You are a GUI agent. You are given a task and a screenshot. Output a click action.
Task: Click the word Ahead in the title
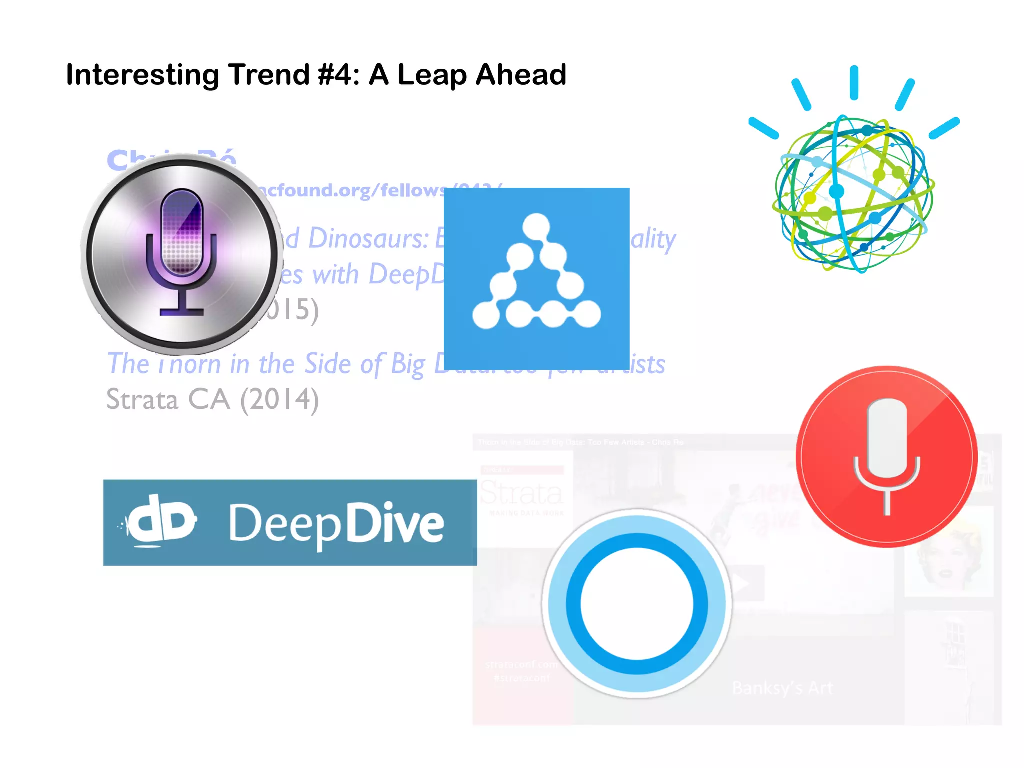pos(521,75)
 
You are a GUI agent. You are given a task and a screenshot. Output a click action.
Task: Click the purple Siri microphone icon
pos(181,253)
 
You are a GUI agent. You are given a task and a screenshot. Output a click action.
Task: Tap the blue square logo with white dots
pos(536,278)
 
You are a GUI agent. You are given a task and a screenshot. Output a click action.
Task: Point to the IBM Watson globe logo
pos(853,194)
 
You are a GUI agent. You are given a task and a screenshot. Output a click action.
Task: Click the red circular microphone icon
pos(886,457)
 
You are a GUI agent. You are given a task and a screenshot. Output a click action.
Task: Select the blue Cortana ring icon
pos(637,603)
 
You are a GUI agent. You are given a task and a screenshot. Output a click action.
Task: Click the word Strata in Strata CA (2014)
pos(142,400)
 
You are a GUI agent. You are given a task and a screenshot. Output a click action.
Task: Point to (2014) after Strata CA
pos(279,400)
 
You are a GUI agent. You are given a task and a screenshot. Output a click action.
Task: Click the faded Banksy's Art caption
pos(782,688)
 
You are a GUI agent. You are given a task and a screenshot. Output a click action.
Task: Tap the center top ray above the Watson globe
pos(854,82)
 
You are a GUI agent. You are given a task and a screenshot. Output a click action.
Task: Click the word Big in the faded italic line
pos(407,364)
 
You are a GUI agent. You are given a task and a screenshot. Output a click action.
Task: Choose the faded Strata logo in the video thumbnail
pos(521,494)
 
